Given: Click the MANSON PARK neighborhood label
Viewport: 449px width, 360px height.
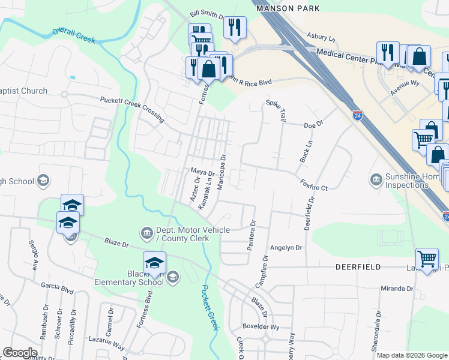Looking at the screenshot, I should click(x=288, y=8).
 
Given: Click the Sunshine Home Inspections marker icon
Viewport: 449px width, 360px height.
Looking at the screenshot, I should click(x=376, y=179).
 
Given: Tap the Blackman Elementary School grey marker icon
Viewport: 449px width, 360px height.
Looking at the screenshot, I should click(x=173, y=276).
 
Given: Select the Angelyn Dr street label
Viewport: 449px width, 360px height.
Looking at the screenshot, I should click(x=285, y=247).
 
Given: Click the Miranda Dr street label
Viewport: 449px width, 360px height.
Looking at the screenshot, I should click(x=397, y=289).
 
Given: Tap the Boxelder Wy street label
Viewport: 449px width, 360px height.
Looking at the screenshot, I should click(x=261, y=327).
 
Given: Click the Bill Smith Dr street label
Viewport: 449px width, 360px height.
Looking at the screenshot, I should click(x=206, y=13).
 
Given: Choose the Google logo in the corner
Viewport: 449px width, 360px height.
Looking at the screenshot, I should click(x=20, y=353).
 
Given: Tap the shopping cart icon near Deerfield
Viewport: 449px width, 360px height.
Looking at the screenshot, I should click(x=427, y=259).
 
